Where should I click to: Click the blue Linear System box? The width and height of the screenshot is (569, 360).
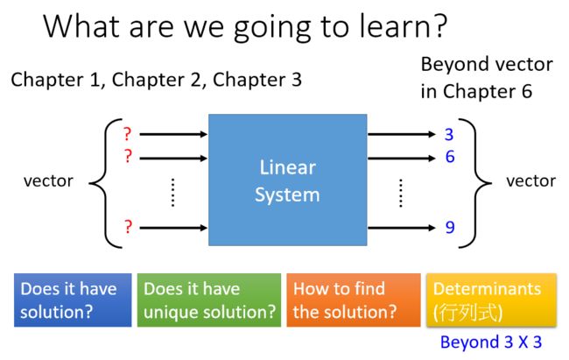point(287,180)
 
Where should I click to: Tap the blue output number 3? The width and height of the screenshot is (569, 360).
point(449,134)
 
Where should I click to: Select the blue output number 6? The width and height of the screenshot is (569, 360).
point(450,157)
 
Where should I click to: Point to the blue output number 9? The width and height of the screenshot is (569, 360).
point(450,227)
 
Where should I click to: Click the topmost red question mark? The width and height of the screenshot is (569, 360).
point(127,134)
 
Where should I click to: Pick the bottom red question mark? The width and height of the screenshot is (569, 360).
point(128,227)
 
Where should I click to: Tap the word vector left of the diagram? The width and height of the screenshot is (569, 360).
point(48,181)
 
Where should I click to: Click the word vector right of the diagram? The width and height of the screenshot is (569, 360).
point(530,181)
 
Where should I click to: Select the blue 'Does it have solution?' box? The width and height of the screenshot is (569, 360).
point(73,300)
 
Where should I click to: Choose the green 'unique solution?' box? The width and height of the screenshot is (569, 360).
point(209,300)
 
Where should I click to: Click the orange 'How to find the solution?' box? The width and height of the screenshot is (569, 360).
point(354,300)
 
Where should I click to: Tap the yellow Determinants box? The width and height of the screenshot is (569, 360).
point(491,300)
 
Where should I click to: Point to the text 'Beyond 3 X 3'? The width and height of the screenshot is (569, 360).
point(491,342)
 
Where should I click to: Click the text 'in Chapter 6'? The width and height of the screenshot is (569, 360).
point(476,91)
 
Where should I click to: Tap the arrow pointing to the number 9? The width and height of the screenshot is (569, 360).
point(401,228)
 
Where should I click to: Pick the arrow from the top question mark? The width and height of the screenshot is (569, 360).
point(173,134)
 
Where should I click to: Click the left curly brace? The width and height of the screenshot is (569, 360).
point(105,183)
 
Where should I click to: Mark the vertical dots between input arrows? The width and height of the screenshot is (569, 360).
point(172,193)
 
